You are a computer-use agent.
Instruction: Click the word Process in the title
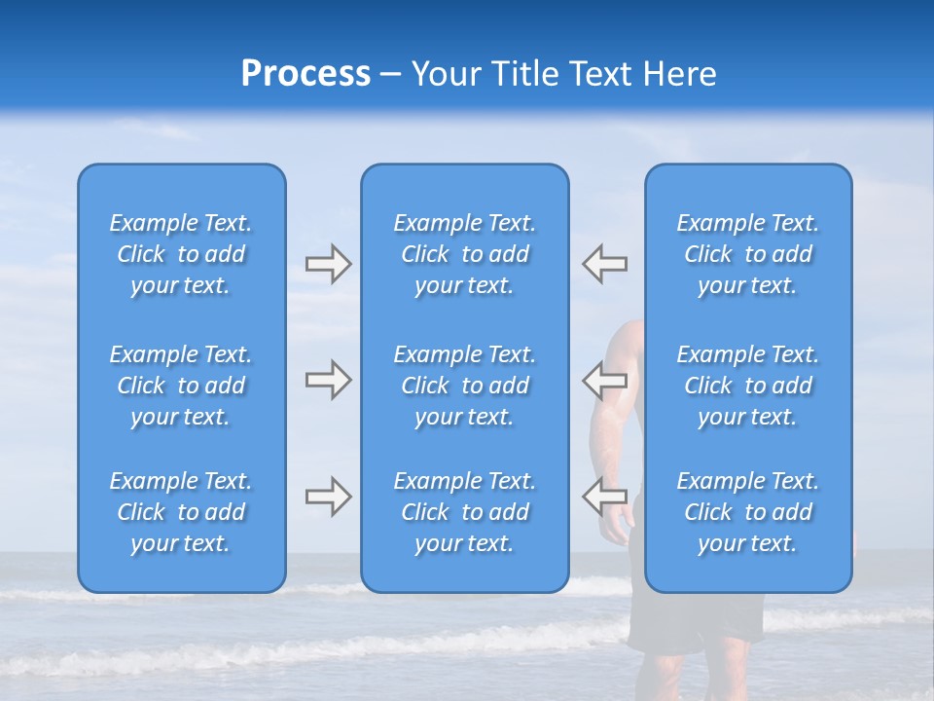click(x=305, y=74)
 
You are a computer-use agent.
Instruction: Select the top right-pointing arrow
click(x=329, y=264)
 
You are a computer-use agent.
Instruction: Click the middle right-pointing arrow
click(x=329, y=380)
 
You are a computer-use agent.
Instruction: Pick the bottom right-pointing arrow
click(x=329, y=497)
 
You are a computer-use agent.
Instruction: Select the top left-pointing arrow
click(x=604, y=264)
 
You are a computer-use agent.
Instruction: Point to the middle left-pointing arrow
click(x=604, y=380)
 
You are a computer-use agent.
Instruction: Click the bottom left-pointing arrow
click(x=604, y=497)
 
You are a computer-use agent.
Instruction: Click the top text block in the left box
click(x=181, y=254)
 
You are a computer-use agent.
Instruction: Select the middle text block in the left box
click(x=181, y=386)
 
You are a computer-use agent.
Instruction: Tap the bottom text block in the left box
click(x=181, y=512)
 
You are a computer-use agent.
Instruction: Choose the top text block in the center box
click(x=464, y=254)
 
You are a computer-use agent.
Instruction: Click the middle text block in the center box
click(x=464, y=386)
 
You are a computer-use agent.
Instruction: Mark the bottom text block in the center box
click(x=464, y=512)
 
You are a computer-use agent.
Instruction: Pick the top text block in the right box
click(x=747, y=254)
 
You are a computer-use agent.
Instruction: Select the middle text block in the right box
click(x=747, y=386)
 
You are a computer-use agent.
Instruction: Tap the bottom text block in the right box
click(x=747, y=512)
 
